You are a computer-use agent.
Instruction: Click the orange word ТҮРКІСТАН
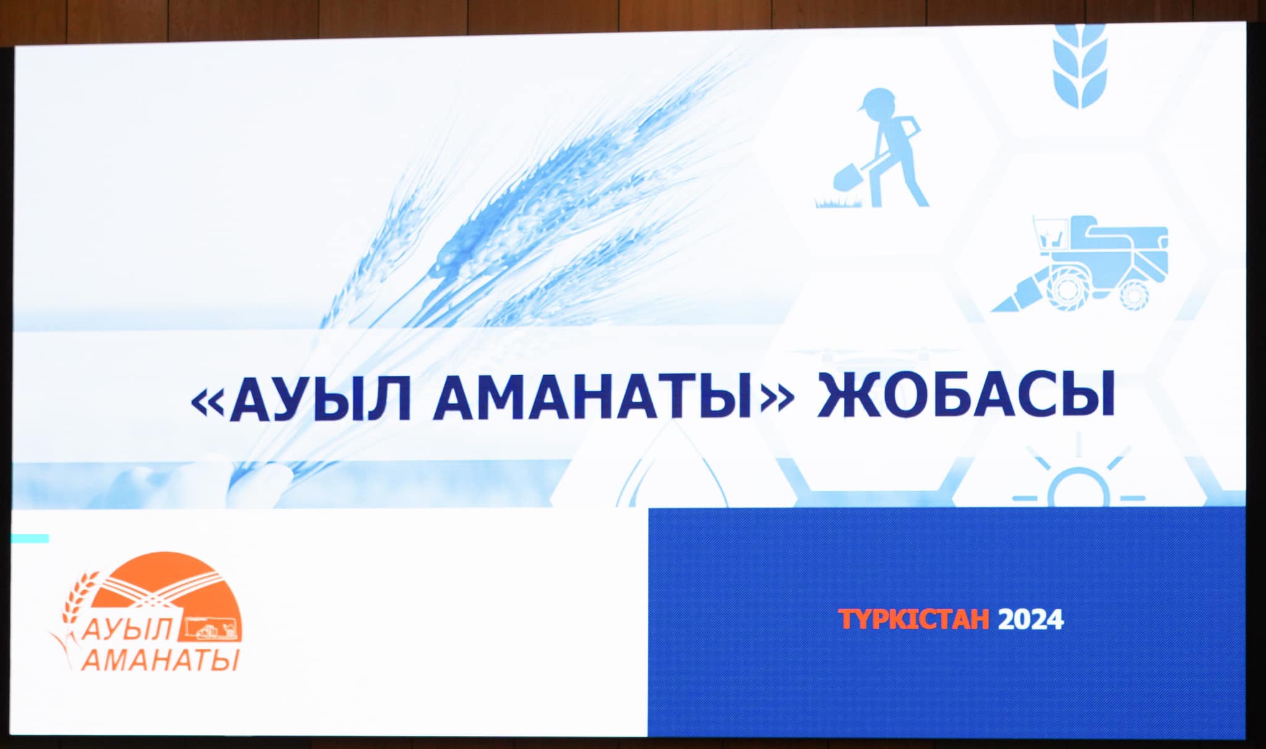click(914, 619)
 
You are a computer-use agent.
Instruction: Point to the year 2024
click(1030, 619)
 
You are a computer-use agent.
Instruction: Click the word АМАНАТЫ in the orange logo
click(159, 659)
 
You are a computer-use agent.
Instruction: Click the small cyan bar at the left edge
click(30, 538)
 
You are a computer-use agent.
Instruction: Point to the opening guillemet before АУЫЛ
click(207, 402)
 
